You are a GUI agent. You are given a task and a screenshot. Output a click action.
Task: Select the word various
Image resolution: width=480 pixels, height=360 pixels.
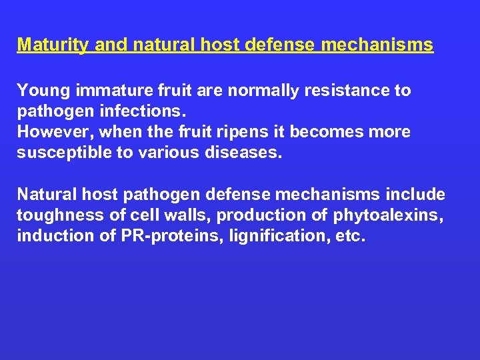157,153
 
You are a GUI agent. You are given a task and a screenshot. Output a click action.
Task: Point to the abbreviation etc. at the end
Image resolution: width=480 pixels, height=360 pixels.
351,236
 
